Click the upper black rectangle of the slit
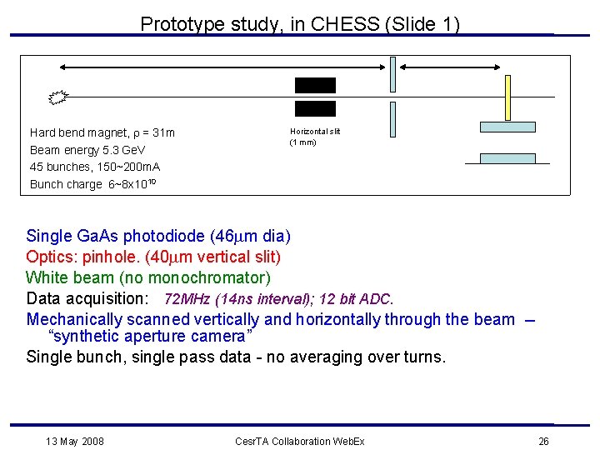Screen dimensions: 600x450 tap(315, 85)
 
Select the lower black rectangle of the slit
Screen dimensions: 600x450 tap(315, 108)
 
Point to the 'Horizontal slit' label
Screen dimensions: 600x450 tap(315, 132)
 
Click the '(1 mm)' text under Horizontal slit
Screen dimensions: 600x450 tap(303, 142)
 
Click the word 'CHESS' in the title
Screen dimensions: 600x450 tap(342, 24)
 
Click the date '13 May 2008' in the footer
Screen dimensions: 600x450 tap(76, 441)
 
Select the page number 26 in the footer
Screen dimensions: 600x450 tap(543, 441)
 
